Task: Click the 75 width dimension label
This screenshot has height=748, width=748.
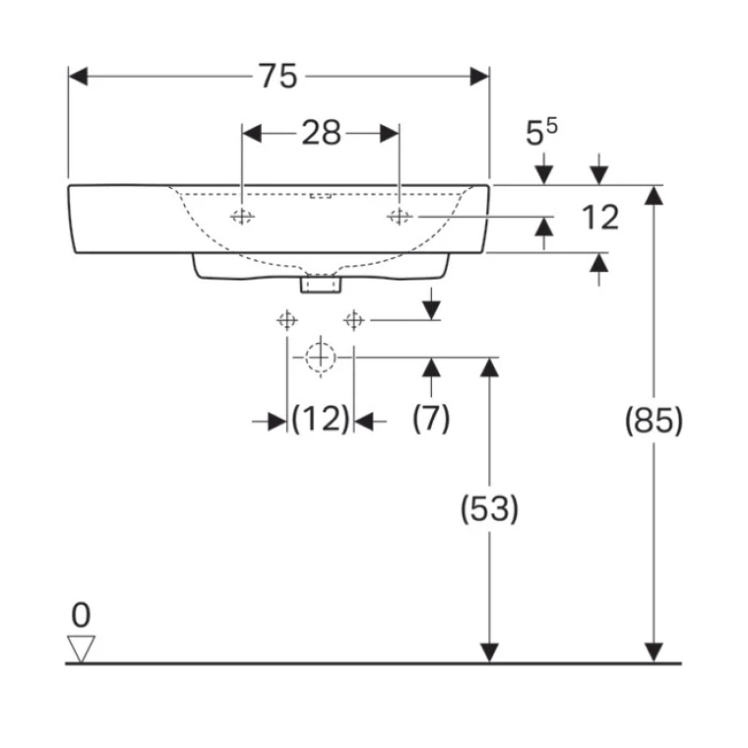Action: tap(278, 77)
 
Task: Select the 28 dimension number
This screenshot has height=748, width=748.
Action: tap(321, 134)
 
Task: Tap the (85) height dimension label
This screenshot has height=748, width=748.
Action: tap(654, 422)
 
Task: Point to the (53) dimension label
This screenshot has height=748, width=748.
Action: tap(488, 510)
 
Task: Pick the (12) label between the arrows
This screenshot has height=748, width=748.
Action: tap(320, 419)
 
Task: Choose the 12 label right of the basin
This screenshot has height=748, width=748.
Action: tap(599, 218)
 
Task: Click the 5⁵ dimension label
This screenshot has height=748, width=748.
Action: tap(541, 133)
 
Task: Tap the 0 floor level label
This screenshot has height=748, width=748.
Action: tap(82, 615)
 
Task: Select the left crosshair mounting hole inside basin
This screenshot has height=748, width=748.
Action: tap(242, 217)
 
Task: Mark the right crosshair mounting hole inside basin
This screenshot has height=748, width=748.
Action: tap(399, 217)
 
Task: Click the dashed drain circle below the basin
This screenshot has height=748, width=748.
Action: tap(320, 356)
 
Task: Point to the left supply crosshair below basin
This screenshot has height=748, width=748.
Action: tap(285, 321)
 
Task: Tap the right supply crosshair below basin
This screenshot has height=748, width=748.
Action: tap(353, 321)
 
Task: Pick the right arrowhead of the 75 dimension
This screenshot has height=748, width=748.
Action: tap(480, 77)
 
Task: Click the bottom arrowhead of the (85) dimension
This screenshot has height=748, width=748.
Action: tap(654, 653)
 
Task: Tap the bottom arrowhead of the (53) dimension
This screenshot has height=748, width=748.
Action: tap(488, 653)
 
